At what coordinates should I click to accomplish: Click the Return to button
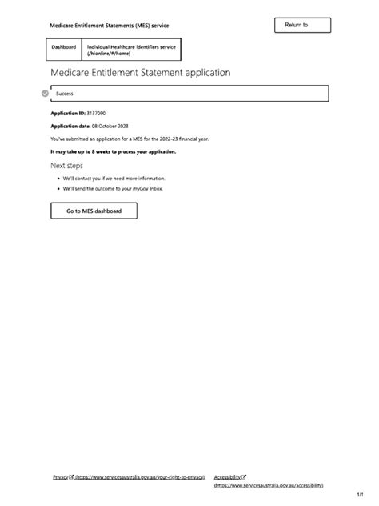[301, 26]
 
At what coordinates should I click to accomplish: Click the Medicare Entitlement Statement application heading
[140, 72]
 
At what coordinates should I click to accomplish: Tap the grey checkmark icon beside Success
[45, 94]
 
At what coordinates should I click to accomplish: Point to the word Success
[65, 94]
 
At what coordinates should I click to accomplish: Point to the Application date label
[69, 127]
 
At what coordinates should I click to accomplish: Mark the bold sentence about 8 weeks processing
[113, 151]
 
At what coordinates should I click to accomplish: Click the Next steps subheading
[67, 165]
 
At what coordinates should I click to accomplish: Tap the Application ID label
[67, 114]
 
